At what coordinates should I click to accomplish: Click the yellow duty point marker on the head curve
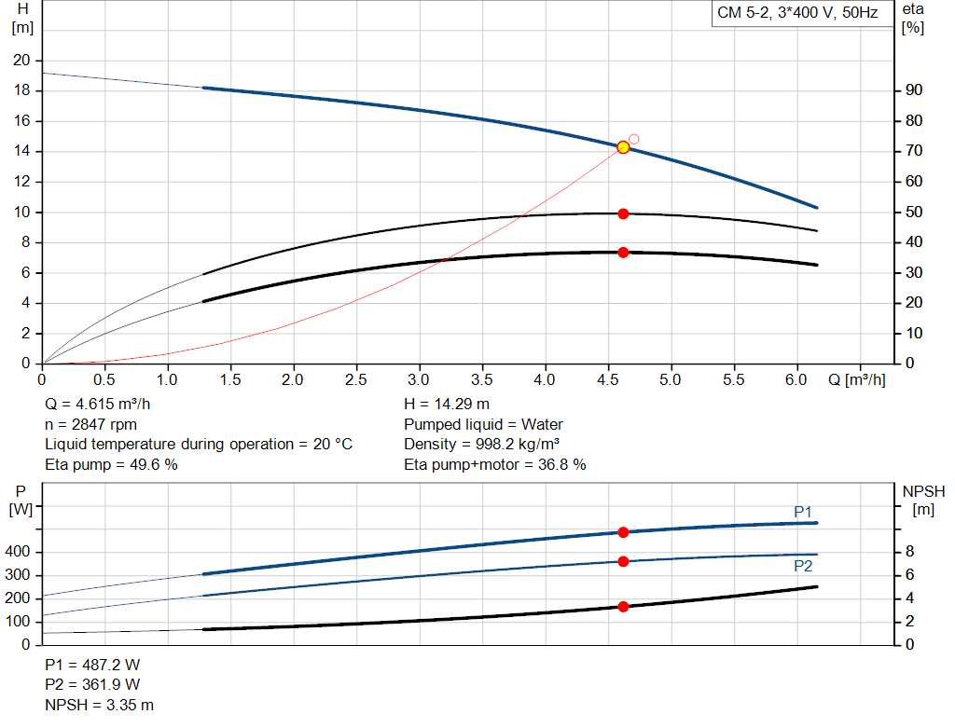pyautogui.click(x=623, y=147)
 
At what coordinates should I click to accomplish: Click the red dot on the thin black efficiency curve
pyautogui.click(x=623, y=213)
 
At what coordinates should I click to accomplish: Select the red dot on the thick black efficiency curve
pyautogui.click(x=623, y=252)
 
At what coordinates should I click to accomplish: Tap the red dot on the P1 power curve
pyautogui.click(x=623, y=532)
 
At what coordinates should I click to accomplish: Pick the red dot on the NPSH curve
pyautogui.click(x=623, y=607)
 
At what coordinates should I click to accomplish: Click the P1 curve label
pyautogui.click(x=803, y=512)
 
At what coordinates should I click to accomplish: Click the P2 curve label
pyautogui.click(x=803, y=566)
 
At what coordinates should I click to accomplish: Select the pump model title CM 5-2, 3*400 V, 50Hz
pyautogui.click(x=797, y=14)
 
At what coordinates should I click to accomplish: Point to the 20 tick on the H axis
pyautogui.click(x=21, y=61)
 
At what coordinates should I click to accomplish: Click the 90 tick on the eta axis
pyautogui.click(x=913, y=90)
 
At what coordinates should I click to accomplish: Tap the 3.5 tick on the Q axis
pyautogui.click(x=482, y=380)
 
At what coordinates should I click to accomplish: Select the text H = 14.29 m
pyautogui.click(x=447, y=404)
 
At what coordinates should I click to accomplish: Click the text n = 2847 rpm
pyautogui.click(x=91, y=424)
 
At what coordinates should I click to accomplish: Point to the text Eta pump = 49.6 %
pyautogui.click(x=111, y=464)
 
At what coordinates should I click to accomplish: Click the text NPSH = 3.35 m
pyautogui.click(x=99, y=705)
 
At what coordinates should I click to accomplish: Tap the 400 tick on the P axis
pyautogui.click(x=20, y=553)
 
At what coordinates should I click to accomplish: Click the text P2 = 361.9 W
pyautogui.click(x=92, y=685)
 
